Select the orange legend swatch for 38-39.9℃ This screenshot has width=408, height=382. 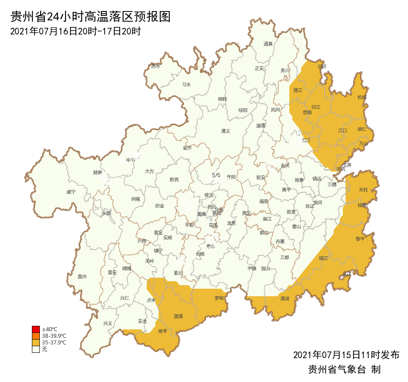pyautogui.click(x=36, y=336)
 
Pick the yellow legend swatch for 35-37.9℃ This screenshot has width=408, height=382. pyautogui.click(x=36, y=343)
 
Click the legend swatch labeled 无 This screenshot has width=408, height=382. pyautogui.click(x=36, y=349)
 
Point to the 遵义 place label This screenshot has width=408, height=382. pyautogui.click(x=226, y=131)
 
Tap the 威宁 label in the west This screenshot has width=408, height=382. pyautogui.click(x=71, y=192)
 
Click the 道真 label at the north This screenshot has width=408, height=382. pyautogui.click(x=268, y=44)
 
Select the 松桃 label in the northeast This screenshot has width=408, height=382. pyautogui.click(x=362, y=97)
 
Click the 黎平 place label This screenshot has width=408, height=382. pyautogui.click(x=361, y=239)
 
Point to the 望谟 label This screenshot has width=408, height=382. pyautogui.click(x=178, y=316)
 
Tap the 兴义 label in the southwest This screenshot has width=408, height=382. pyautogui.click(x=108, y=323)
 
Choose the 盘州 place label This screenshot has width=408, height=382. pyautogui.click(x=82, y=276)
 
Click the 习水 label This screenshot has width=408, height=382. pyautogui.click(x=187, y=84)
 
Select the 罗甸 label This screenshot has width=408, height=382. pyautogui.click(x=219, y=298)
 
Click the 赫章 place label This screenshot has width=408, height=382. pyautogui.click(x=97, y=172)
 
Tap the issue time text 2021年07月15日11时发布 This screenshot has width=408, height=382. pyautogui.click(x=346, y=355)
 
